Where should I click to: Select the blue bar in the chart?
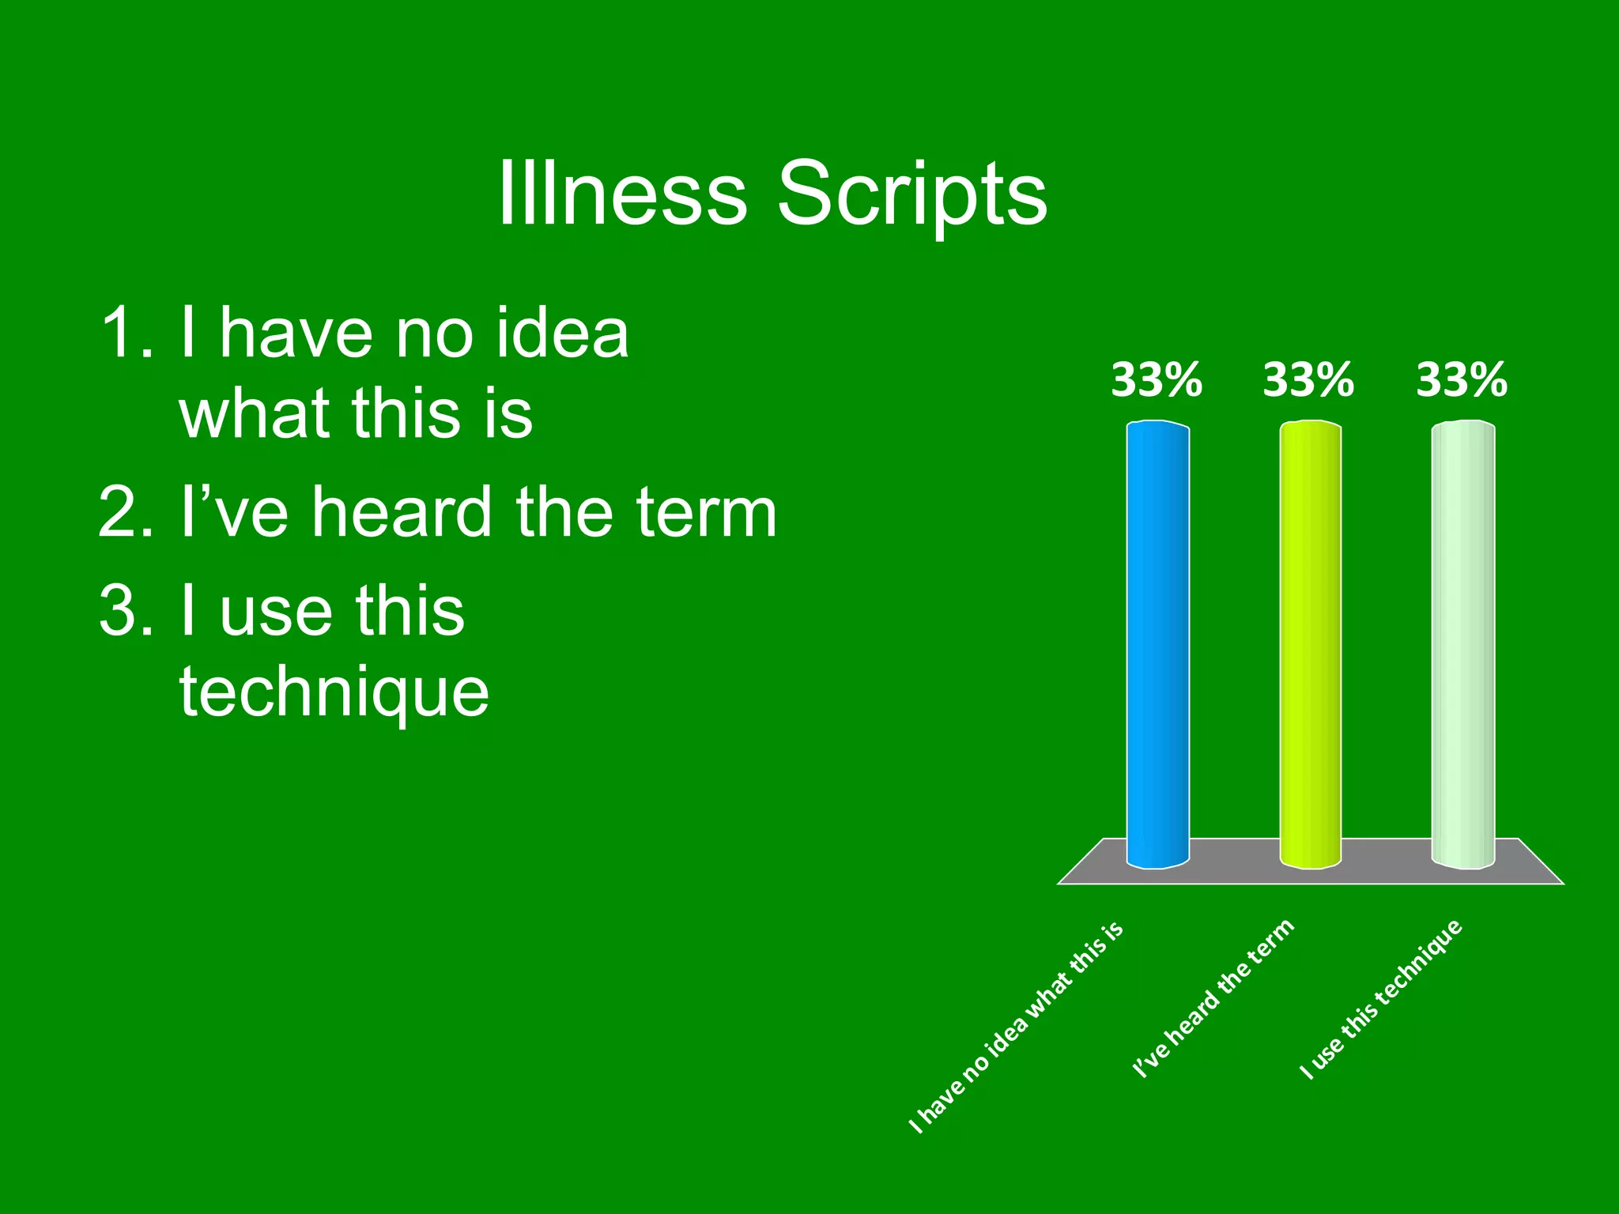click(x=1157, y=644)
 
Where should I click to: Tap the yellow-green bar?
click(x=1310, y=644)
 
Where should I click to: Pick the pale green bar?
click(x=1462, y=644)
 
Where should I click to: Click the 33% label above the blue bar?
click(x=1157, y=380)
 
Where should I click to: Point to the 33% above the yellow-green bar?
click(x=1308, y=380)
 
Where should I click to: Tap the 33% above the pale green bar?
click(x=1462, y=380)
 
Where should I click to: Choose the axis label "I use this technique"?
click(x=1382, y=999)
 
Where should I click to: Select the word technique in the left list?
click(x=334, y=692)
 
